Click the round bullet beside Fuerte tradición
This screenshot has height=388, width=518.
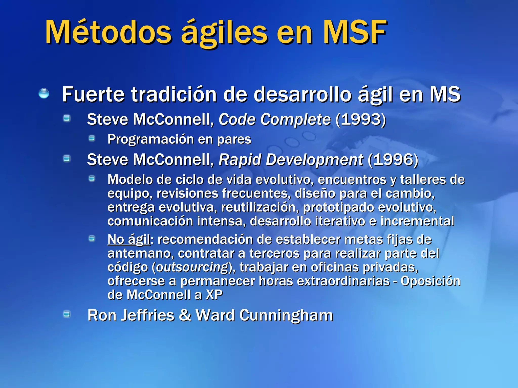click(44, 93)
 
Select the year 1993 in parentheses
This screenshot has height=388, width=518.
click(361, 119)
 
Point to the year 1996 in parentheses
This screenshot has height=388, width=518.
click(393, 160)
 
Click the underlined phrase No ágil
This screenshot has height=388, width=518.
click(128, 239)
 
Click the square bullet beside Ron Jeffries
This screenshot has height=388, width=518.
click(67, 314)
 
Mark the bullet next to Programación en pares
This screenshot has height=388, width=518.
click(92, 138)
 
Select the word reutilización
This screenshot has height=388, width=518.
click(259, 207)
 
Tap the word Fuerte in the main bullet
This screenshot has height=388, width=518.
click(93, 94)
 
